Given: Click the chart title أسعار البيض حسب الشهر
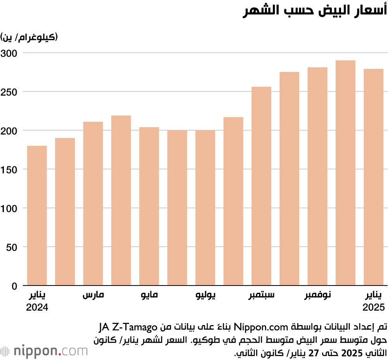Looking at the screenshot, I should pos(315,12).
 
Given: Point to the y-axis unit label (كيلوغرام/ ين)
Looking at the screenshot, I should pos(29,38).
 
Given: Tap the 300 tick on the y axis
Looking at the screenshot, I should pos(9,53).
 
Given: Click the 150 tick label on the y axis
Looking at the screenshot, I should pos(9,170).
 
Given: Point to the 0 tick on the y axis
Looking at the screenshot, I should pos(14,286).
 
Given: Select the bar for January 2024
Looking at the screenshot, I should pos(37,216).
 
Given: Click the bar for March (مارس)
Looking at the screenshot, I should pos(93,204).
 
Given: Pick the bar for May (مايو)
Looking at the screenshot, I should pos(149,206).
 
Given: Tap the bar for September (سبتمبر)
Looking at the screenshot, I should pos(261,186).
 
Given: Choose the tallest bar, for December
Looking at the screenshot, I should pos(345,173).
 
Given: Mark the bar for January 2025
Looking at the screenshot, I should pos(373,177).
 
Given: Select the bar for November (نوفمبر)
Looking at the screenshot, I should pos(317,177).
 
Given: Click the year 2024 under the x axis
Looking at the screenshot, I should pos(37,308).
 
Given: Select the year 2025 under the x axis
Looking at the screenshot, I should pos(373,308).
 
